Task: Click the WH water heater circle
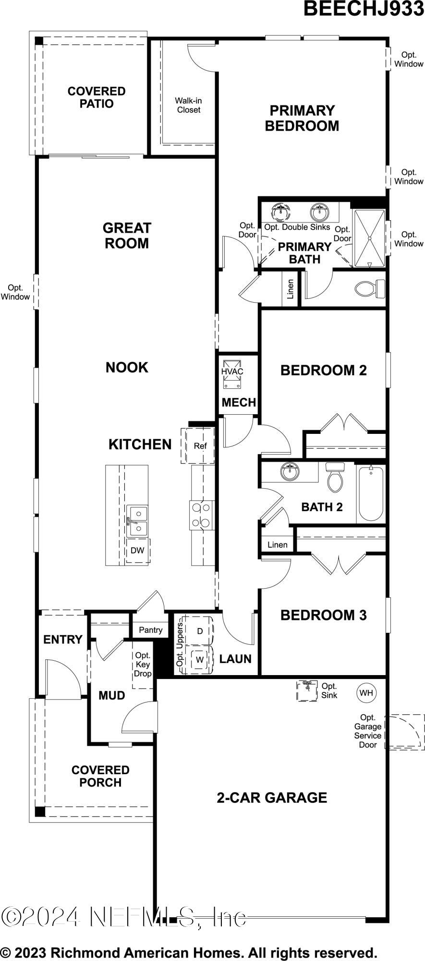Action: coord(366,692)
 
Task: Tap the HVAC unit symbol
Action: coord(232,373)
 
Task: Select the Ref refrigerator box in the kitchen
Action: coord(200,446)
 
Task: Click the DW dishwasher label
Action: coord(137,551)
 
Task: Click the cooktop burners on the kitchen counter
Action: coord(201,515)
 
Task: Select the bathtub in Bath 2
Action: coord(371,493)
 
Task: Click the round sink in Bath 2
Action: coord(290,472)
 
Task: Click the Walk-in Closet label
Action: coord(189,105)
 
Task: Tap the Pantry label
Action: coord(151,630)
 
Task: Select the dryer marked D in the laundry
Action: coord(199,630)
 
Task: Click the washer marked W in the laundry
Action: coord(199,660)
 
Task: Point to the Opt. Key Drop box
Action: coord(143,665)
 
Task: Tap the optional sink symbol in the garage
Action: coord(307,690)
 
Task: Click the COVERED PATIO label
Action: coord(97,98)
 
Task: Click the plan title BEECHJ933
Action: coord(364,9)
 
